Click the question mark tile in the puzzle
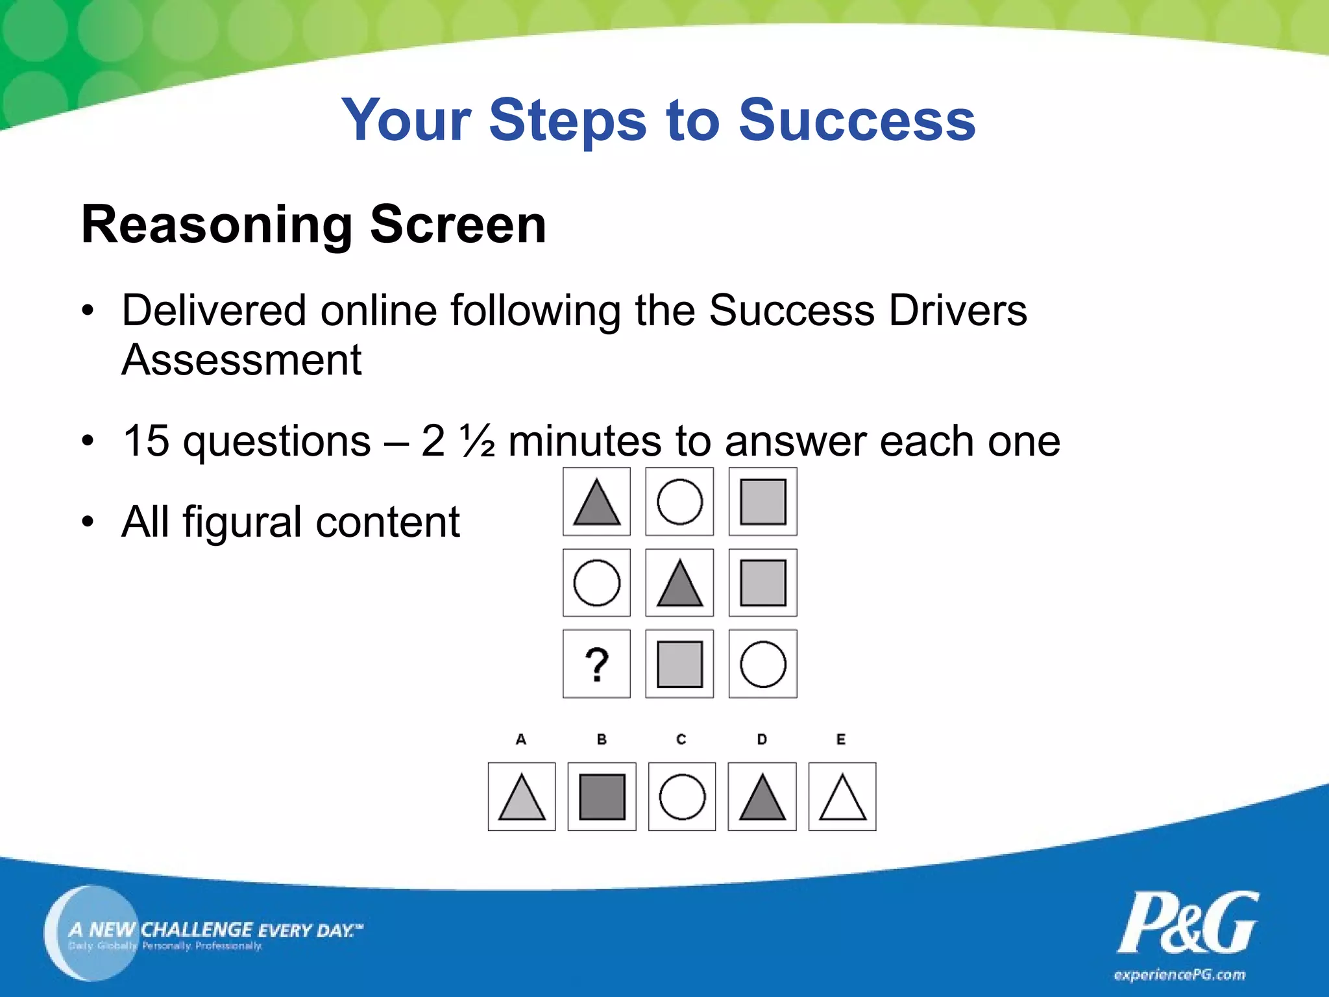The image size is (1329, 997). pos(596,664)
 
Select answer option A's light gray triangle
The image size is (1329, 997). pos(522,798)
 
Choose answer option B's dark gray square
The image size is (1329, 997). pos(602,796)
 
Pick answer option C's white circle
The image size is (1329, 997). pos(682,796)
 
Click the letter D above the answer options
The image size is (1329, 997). pos(762,739)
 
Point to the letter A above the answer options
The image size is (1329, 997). pos(520,739)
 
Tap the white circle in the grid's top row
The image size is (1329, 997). pos(679,502)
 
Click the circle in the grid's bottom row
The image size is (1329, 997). pos(762,664)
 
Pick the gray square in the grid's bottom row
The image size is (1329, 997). pos(679,664)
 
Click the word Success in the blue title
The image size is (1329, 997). pos(857,120)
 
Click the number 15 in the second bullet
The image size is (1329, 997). pos(146,441)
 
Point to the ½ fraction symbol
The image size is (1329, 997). pos(477,441)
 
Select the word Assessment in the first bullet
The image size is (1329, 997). pos(241,360)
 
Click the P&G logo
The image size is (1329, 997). pos(1187,922)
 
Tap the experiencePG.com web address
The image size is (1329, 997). pos(1179,975)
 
